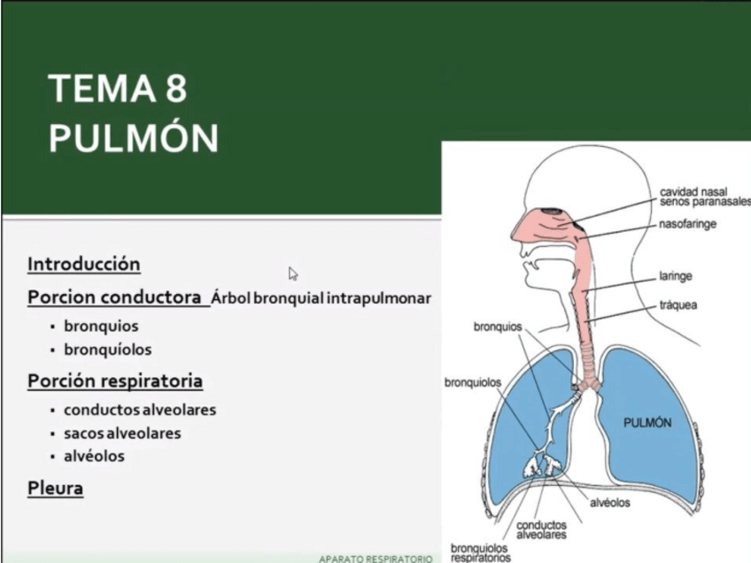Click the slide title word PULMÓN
[x=133, y=139]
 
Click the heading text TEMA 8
[x=118, y=89]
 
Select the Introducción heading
[x=84, y=264]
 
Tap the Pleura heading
[x=55, y=487]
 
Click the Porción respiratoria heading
[x=115, y=381]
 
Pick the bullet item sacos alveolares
[x=122, y=433]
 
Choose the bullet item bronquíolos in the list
[x=107, y=349]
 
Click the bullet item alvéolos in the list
[x=94, y=456]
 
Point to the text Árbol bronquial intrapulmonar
[x=321, y=298]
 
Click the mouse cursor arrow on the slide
[x=292, y=273]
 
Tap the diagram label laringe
[x=676, y=275]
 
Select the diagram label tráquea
[x=678, y=305]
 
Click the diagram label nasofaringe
[x=688, y=224]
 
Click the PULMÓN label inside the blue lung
[x=647, y=422]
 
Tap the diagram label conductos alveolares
[x=541, y=529]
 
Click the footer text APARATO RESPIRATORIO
[x=375, y=559]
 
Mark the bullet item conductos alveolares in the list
[x=140, y=410]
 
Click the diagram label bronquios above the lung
[x=498, y=326]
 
